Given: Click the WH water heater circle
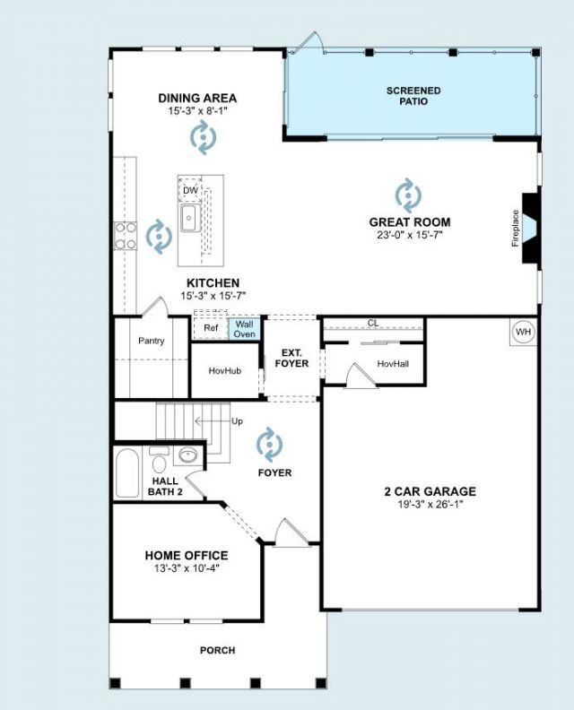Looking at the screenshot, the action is coord(523,332).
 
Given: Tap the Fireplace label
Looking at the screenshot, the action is coord(515,229).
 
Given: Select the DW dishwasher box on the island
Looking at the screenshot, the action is coord(190,191).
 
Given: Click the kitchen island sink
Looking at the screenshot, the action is coord(190,218).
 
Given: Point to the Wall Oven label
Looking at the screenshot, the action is coord(244,329).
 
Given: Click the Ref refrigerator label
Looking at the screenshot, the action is coord(211,328).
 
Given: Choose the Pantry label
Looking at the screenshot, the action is coord(152,341).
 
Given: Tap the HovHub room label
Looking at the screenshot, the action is coord(225,370).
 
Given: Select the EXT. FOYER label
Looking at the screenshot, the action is coord(291,359).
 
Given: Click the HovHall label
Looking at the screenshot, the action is coord(393,364).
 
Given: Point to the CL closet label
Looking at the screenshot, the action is coord(373,324).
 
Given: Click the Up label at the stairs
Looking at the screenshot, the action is coord(237,421).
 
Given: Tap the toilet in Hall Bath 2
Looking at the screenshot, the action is coord(159,459).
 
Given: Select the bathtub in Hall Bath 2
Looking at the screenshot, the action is coord(127,473).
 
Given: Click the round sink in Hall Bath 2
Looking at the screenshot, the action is coord(187,455).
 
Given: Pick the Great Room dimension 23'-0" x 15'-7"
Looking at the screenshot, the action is coord(410,235).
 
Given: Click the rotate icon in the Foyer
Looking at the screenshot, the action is coord(270,445).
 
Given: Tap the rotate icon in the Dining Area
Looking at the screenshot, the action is coord(203,137).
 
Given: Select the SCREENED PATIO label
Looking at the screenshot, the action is coord(413,96).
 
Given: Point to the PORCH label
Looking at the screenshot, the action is coord(217,650).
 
